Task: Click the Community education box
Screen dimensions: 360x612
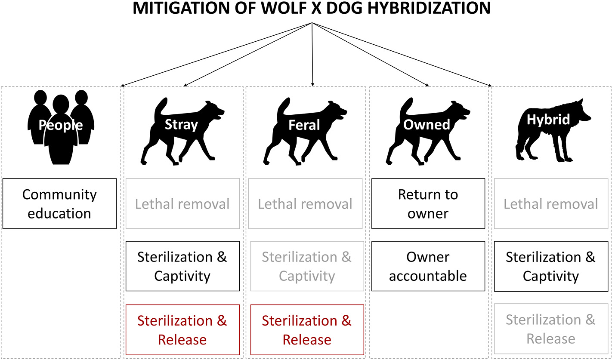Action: coord(59,203)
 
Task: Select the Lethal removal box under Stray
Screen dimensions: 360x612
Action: coord(182,203)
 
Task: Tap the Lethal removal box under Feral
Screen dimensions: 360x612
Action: coord(305,203)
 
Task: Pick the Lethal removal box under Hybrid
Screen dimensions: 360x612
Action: coord(551,203)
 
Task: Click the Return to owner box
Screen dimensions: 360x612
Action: coord(428,203)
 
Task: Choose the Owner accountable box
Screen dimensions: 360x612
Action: coord(428,266)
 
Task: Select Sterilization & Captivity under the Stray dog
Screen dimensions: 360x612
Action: coord(182,266)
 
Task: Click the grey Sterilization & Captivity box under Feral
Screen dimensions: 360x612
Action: coord(307,266)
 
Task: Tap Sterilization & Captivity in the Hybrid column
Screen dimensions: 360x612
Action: coord(551,266)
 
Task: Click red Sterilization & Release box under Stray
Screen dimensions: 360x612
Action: coord(182,330)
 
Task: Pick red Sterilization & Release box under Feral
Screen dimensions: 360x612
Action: coord(307,330)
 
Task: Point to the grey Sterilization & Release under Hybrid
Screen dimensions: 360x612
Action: coord(551,329)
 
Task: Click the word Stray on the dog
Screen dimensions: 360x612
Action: coord(181,125)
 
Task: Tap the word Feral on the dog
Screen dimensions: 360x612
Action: coord(304,125)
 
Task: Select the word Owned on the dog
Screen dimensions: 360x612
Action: coord(427,125)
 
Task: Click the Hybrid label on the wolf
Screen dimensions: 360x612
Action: coord(548,120)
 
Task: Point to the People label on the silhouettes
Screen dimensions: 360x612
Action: coord(60,125)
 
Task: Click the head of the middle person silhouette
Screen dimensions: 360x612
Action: coord(60,105)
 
